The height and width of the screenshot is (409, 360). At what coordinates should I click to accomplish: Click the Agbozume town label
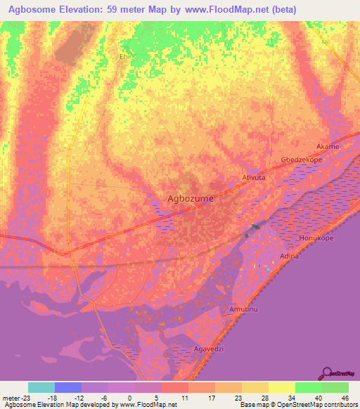pos(191,199)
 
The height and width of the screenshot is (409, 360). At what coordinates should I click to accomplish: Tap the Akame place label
pos(328,146)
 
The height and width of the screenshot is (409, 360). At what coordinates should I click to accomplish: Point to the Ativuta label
pos(252,178)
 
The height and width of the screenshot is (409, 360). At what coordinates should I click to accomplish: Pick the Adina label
pos(289,256)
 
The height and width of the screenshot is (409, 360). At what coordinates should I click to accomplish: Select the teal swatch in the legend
pos(41,387)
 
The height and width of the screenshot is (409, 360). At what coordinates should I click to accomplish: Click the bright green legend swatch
pos(308,387)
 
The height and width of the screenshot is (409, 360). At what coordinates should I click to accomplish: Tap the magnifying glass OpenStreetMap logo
pos(327,372)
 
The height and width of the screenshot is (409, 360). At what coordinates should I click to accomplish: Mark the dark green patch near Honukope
pos(255,226)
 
